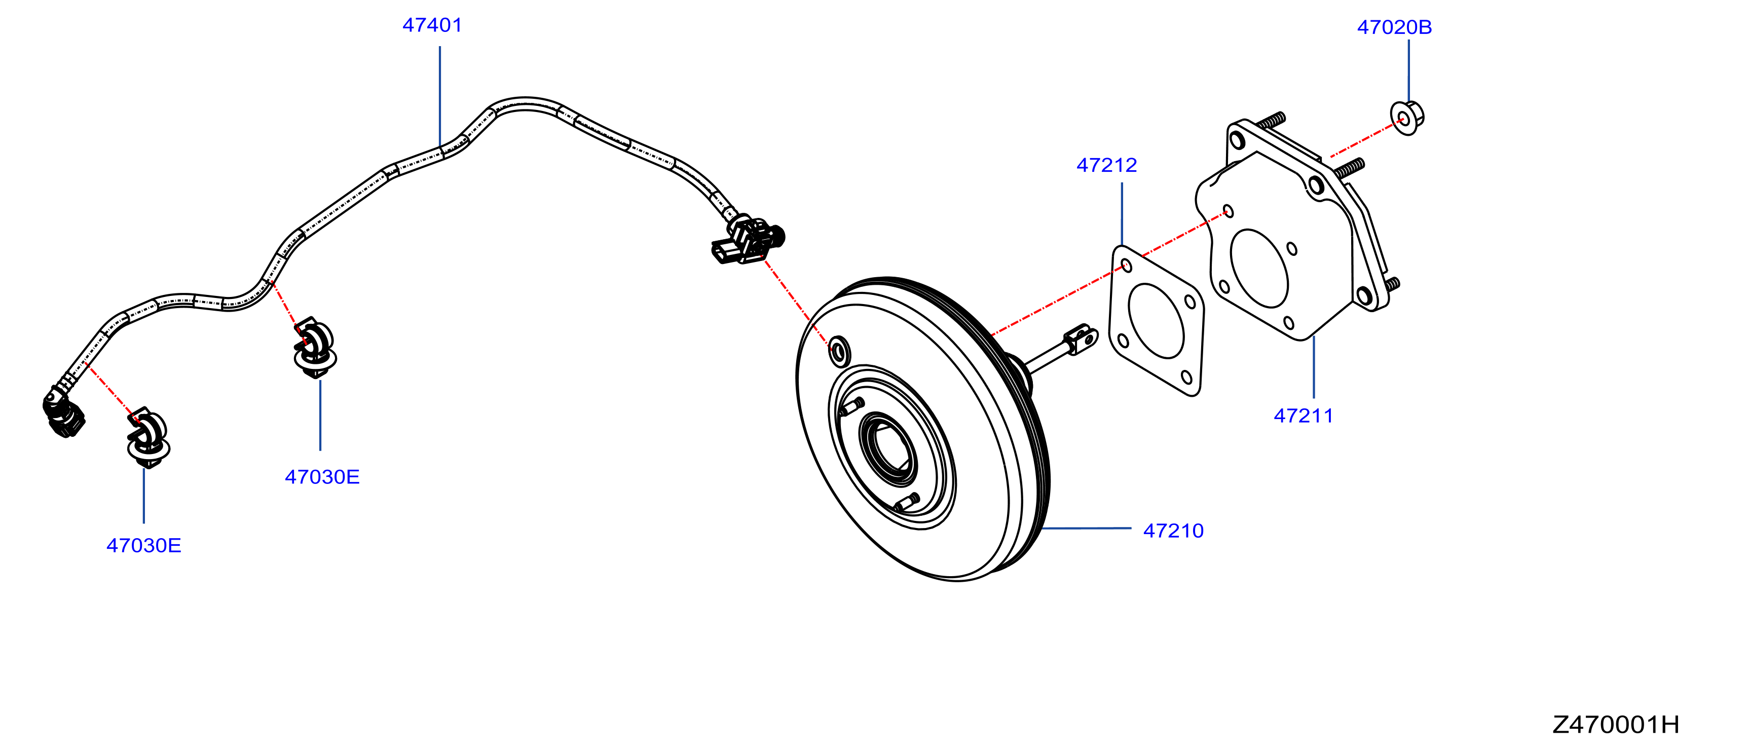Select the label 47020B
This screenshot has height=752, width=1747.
click(1394, 27)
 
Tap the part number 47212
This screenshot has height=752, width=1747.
click(1107, 165)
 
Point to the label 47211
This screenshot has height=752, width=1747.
click(1304, 416)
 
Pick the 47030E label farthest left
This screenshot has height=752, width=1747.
click(144, 545)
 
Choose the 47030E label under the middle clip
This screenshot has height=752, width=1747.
click(322, 477)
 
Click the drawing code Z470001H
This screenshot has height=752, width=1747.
click(1616, 725)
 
